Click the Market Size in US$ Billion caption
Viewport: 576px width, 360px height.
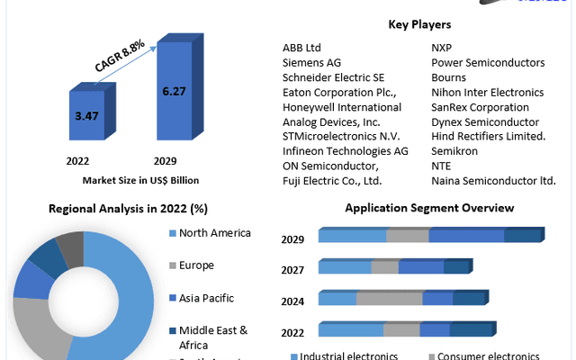click(x=140, y=180)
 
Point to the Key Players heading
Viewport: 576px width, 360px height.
click(x=419, y=24)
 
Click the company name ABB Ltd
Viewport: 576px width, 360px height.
click(x=301, y=48)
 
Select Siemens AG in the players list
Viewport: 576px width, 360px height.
click(x=311, y=63)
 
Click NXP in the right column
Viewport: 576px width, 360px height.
click(x=442, y=48)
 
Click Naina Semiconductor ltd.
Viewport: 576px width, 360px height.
click(x=493, y=180)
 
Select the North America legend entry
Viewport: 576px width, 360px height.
click(x=215, y=234)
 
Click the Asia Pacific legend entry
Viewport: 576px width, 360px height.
click(x=207, y=297)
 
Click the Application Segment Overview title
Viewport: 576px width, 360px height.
click(x=429, y=208)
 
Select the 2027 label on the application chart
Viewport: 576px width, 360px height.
click(x=292, y=270)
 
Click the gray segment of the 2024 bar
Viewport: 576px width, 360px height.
click(x=389, y=298)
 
